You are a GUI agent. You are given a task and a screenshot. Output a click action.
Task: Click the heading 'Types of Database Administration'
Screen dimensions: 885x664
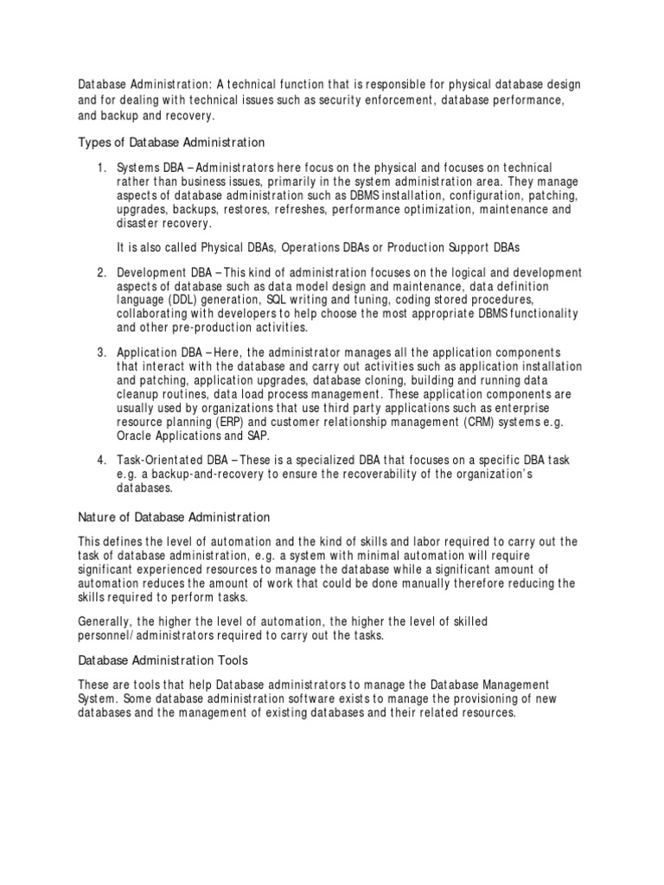(x=171, y=141)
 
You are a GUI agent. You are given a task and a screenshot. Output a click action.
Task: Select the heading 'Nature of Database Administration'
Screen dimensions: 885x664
(x=174, y=517)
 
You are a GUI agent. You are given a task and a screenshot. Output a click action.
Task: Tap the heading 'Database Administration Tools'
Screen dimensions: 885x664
(x=163, y=660)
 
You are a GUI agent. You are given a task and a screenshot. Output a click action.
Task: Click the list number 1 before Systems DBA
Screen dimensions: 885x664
(x=101, y=167)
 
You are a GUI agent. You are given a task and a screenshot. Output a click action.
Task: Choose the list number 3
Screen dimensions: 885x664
(x=101, y=353)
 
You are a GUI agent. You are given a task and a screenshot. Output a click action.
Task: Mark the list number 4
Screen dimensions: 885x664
(x=101, y=457)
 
